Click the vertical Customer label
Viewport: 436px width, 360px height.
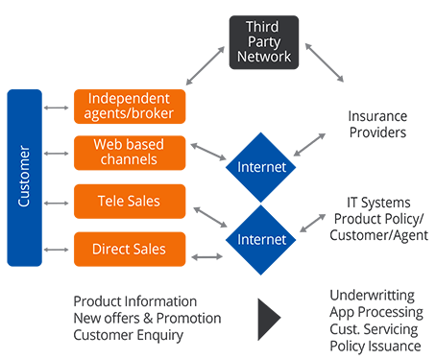[26, 177]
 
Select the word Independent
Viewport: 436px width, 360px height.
[129, 98]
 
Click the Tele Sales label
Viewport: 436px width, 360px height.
[129, 202]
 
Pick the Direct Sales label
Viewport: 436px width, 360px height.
[129, 249]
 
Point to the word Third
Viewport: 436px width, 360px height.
[261, 26]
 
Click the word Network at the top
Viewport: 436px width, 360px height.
[261, 57]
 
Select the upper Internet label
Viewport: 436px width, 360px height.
[261, 168]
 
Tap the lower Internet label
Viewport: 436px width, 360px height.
[261, 238]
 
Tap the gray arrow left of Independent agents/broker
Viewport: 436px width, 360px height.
[54, 105]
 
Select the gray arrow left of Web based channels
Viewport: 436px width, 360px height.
[54, 152]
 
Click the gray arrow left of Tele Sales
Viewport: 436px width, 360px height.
[54, 202]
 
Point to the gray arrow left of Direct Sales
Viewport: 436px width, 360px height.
[54, 249]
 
